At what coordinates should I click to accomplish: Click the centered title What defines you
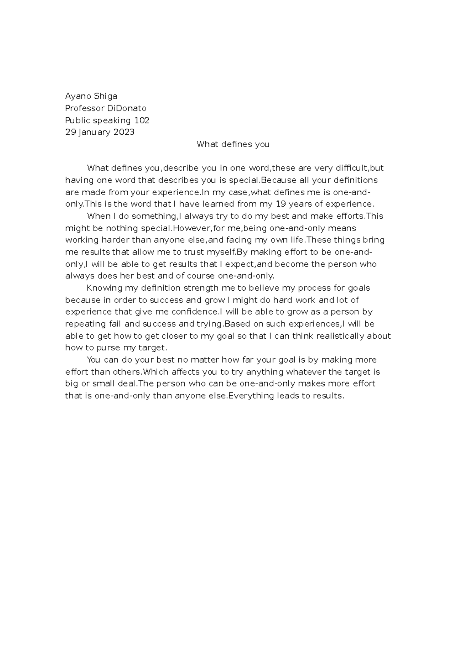click(233, 144)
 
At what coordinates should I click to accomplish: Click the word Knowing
click(105, 288)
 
